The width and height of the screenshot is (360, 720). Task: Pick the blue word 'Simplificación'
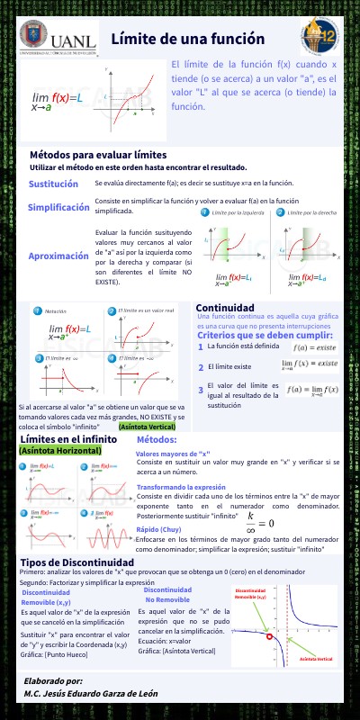[59, 207]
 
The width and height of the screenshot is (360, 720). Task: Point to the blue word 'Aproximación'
[58, 256]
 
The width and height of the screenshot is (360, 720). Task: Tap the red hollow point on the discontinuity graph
[269, 637]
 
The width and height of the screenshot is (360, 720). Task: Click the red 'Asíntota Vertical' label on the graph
[316, 659]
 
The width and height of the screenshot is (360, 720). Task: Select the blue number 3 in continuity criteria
[201, 390]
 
